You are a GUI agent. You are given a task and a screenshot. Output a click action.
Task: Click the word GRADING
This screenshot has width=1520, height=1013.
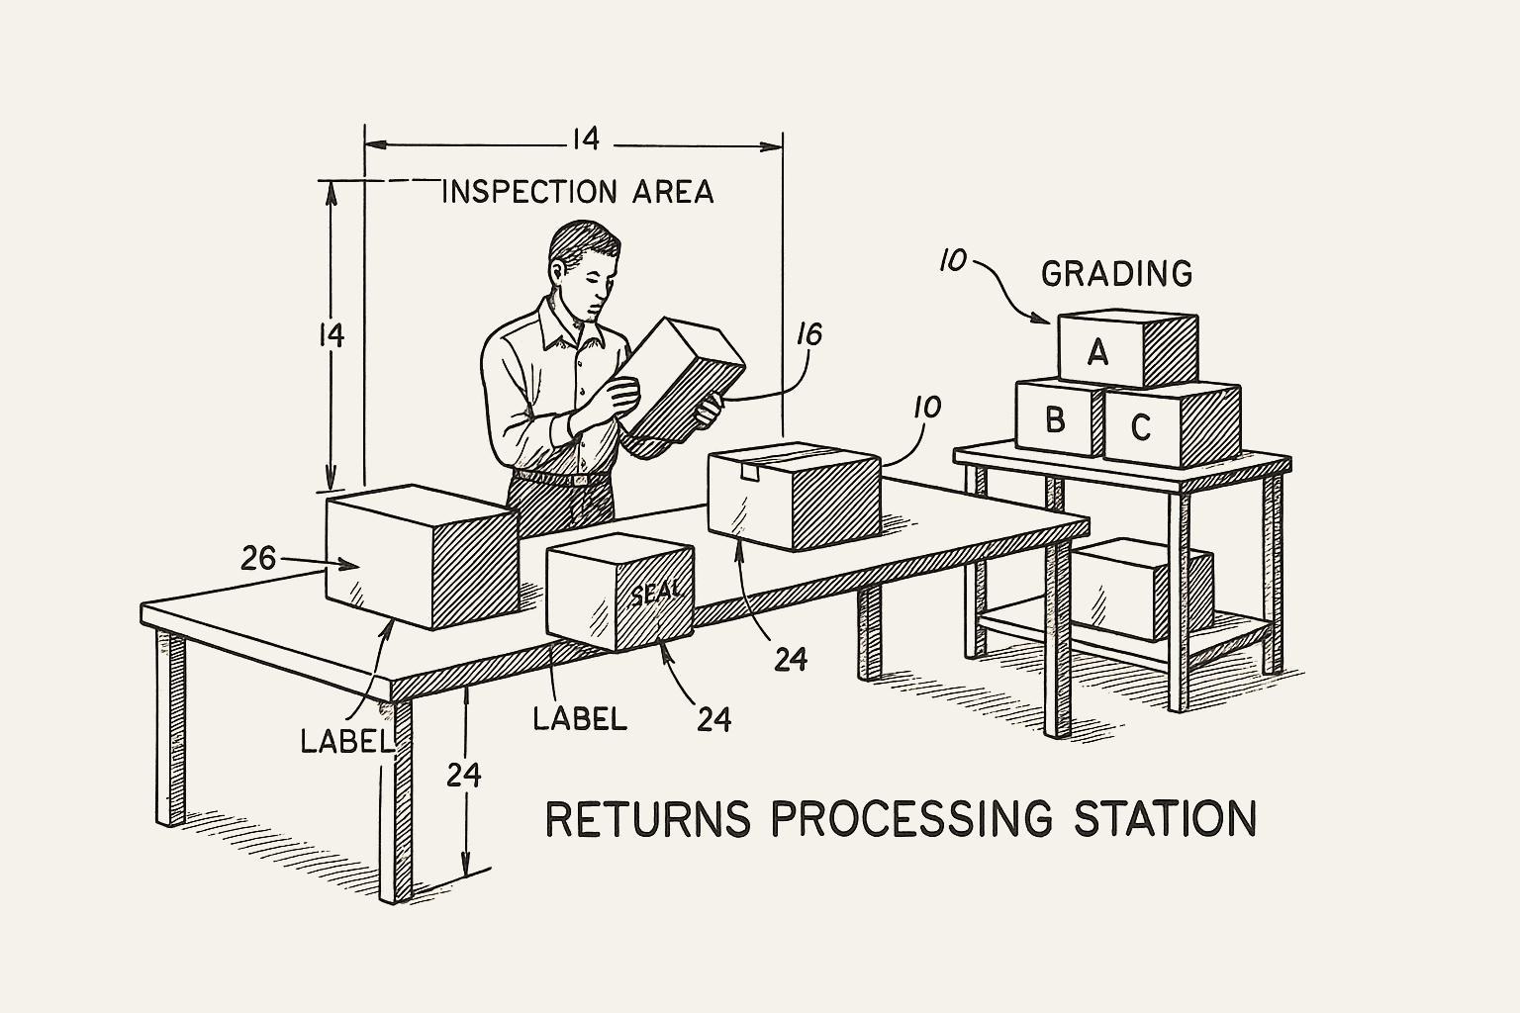tap(1116, 273)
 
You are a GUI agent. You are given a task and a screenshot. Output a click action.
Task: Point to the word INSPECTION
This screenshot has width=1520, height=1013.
tap(524, 192)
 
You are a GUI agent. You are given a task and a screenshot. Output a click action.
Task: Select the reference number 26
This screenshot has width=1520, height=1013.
tap(258, 560)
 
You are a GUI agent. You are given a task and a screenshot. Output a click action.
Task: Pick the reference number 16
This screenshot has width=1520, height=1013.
tap(808, 335)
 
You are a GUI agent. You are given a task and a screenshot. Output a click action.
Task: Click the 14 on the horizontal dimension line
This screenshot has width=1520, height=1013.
tap(585, 139)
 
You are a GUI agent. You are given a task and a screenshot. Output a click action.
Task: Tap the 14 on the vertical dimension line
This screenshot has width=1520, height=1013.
tap(332, 336)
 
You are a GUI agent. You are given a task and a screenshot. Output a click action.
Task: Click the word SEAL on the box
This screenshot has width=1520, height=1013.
tap(656, 592)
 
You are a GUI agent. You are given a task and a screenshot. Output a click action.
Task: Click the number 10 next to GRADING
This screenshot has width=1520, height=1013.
tap(952, 261)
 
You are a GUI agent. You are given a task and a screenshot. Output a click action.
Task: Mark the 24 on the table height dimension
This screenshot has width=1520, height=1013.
tap(463, 775)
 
